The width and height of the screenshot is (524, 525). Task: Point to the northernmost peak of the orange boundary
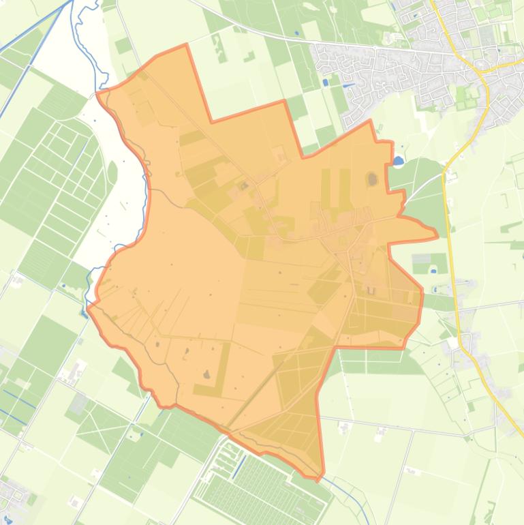[x=186, y=45]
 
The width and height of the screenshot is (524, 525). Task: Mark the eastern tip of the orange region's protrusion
[x=437, y=236]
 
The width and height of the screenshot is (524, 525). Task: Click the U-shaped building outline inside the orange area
[x=371, y=290]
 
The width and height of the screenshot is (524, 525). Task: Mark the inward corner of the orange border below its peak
[x=211, y=122]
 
